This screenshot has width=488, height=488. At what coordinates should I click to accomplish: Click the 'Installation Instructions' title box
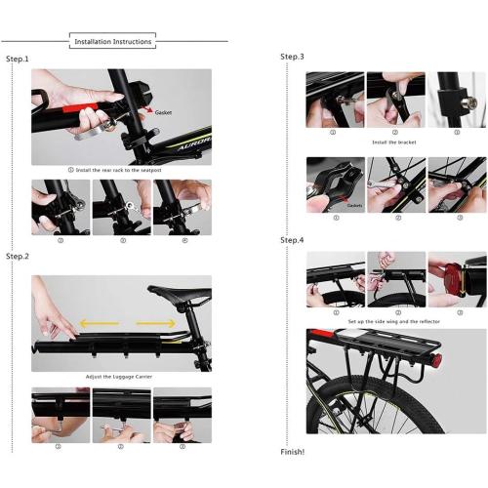point(113,42)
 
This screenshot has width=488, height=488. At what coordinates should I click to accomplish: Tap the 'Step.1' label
point(18,60)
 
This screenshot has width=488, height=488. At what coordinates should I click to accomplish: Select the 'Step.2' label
point(18,257)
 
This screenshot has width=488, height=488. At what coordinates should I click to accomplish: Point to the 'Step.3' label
point(293,57)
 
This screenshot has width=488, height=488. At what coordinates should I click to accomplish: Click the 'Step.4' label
point(293,240)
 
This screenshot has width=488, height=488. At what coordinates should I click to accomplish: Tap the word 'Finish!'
point(293,452)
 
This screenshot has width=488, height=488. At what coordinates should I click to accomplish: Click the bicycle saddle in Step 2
point(180,292)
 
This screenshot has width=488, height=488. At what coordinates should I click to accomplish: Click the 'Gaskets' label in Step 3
point(354,206)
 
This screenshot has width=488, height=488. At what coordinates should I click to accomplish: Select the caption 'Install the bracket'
point(395,142)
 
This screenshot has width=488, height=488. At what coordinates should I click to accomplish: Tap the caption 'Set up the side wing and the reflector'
point(395,320)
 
